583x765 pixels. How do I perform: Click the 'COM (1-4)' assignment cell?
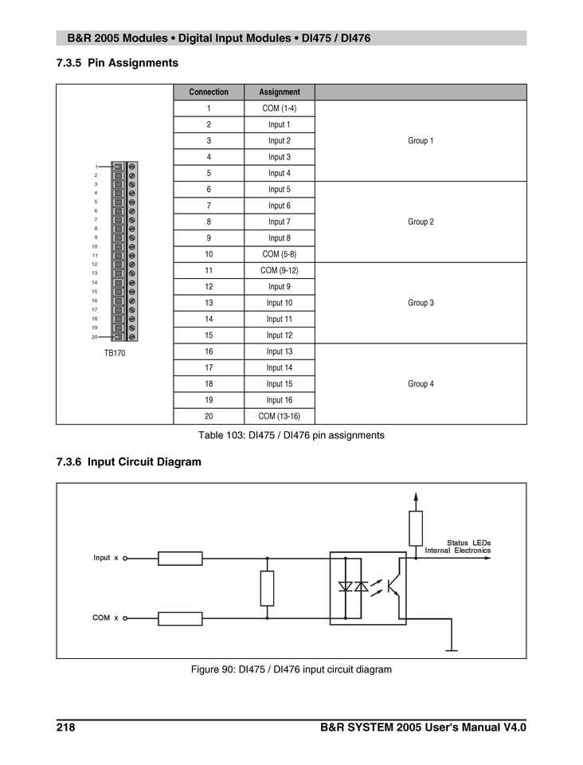pyautogui.click(x=279, y=108)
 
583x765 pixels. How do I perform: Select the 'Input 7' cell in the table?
pyautogui.click(x=279, y=222)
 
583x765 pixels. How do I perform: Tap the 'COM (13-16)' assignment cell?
pyautogui.click(x=279, y=416)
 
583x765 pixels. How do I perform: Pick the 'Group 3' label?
pyautogui.click(x=421, y=303)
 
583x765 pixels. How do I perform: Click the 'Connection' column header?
pyautogui.click(x=209, y=92)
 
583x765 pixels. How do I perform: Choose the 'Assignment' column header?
pyautogui.click(x=279, y=92)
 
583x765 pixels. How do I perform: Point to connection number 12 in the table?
pyautogui.click(x=209, y=286)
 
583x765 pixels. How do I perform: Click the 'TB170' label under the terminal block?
pyautogui.click(x=115, y=352)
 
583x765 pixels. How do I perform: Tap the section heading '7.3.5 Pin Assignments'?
pyautogui.click(x=117, y=62)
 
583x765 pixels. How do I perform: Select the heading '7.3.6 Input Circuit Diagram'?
pyautogui.click(x=128, y=461)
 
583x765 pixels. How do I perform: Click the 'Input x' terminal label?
pyautogui.click(x=105, y=558)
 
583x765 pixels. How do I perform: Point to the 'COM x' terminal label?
pyautogui.click(x=105, y=618)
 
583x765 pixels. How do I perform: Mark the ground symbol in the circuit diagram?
pyautogui.click(x=452, y=649)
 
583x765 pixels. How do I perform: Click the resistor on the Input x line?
pyautogui.click(x=180, y=559)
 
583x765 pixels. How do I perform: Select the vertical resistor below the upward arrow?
pyautogui.click(x=415, y=528)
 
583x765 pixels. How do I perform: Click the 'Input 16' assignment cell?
pyautogui.click(x=279, y=400)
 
